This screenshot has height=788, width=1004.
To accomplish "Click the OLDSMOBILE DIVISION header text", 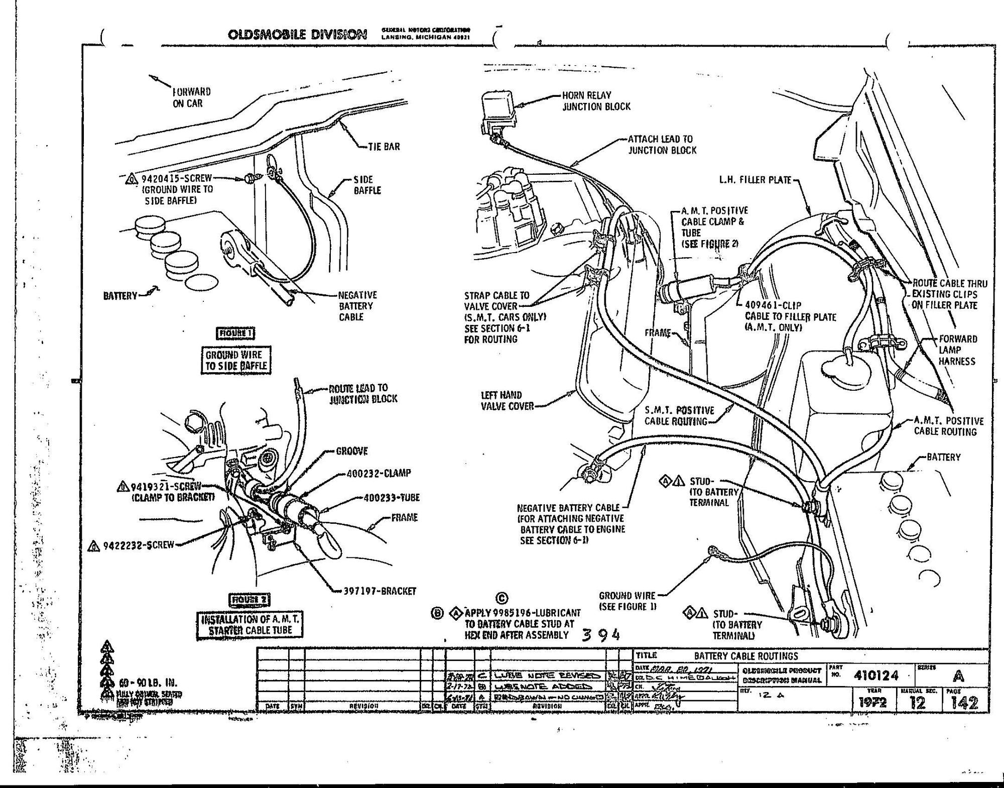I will click(x=297, y=34).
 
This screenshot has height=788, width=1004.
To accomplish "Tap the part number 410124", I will click(x=875, y=676).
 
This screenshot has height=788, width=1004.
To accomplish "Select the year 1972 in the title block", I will click(x=872, y=703).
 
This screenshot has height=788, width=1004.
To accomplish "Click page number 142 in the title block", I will click(x=964, y=703).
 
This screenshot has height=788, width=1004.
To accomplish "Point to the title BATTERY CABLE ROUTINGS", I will click(x=745, y=656).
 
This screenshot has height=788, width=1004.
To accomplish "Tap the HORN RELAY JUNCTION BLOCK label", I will click(x=596, y=101).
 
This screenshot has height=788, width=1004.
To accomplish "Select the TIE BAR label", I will click(x=384, y=147).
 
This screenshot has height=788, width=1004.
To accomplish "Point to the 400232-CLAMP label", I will click(x=379, y=473).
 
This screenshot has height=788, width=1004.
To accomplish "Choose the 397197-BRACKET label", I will click(x=380, y=591).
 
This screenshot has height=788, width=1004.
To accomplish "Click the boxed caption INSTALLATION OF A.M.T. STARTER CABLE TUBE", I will click(x=250, y=625).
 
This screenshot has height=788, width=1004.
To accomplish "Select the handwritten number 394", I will click(x=601, y=635).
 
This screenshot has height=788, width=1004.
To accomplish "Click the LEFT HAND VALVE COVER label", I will click(x=507, y=400).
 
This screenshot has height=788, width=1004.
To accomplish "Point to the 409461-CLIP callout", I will click(x=773, y=305).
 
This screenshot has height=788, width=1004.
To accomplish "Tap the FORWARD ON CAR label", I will click(x=191, y=97).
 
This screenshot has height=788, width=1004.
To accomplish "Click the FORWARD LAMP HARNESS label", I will click(x=957, y=350).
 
